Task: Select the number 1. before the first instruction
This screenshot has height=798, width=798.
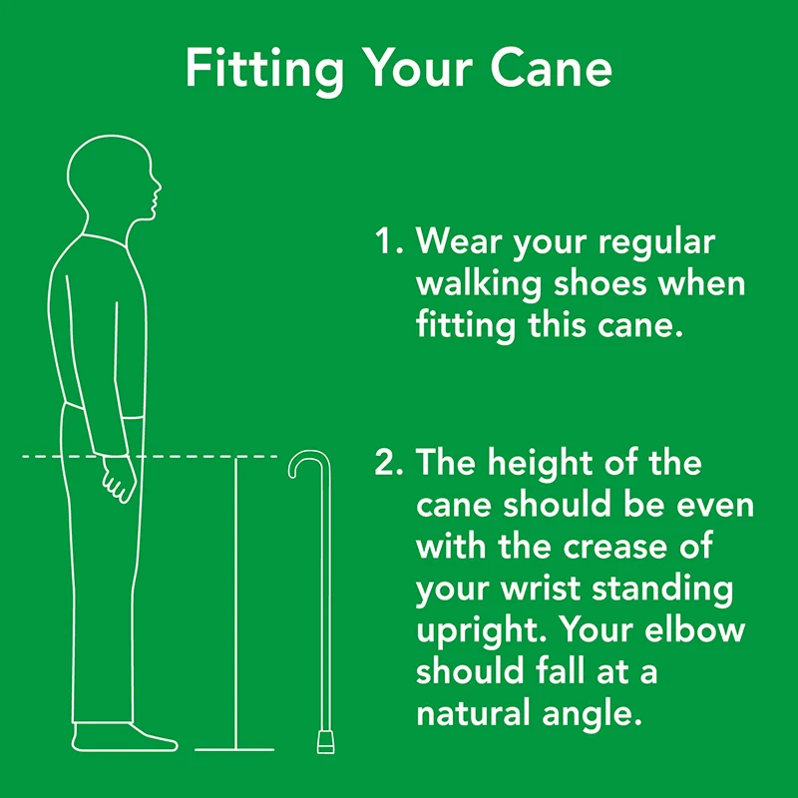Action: click(x=388, y=242)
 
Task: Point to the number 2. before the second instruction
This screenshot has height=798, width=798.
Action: click(x=388, y=464)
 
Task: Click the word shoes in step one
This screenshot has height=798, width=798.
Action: click(x=600, y=283)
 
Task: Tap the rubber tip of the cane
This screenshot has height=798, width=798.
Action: click(x=326, y=742)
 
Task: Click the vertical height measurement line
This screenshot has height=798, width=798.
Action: click(x=235, y=598)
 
